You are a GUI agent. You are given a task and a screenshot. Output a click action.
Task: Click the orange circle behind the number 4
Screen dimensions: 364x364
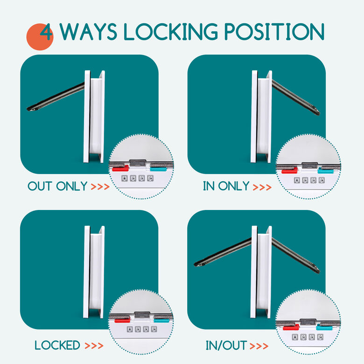40,37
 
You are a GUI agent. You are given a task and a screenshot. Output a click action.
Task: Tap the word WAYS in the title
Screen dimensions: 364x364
89,32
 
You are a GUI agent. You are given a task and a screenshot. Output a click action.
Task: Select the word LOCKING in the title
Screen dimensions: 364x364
171,32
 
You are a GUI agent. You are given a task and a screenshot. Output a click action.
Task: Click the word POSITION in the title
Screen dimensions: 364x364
274,32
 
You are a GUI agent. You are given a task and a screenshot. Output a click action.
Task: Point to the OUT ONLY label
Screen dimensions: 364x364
57,186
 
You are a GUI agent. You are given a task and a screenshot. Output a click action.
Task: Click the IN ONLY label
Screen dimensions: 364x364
226,186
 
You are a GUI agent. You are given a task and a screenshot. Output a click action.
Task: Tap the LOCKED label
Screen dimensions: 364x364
57,345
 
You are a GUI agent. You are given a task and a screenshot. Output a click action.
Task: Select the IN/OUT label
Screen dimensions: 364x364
226,345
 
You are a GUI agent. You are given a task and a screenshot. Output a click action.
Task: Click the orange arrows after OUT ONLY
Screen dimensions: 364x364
100,187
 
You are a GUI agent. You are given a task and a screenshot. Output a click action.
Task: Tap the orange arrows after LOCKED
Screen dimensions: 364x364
94,346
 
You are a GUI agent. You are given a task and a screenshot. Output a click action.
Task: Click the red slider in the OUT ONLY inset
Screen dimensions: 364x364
120,168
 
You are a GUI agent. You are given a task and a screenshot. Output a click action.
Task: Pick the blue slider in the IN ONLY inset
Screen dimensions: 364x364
325,171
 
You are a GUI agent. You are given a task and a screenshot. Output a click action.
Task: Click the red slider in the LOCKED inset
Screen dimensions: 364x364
122,321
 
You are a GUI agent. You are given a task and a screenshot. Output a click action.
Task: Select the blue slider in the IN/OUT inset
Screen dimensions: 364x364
324,327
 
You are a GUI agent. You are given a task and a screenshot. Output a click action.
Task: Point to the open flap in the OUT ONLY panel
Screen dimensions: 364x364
56,97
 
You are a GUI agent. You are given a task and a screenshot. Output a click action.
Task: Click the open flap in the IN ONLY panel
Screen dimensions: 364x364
295,97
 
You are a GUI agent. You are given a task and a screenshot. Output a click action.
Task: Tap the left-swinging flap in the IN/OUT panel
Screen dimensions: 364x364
223,252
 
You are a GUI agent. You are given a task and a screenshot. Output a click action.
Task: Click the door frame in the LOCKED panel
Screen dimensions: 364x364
94,272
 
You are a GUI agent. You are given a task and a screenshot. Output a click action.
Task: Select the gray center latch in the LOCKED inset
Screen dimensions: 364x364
142,315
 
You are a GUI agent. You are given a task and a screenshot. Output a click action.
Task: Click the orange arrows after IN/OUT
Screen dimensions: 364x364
259,346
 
